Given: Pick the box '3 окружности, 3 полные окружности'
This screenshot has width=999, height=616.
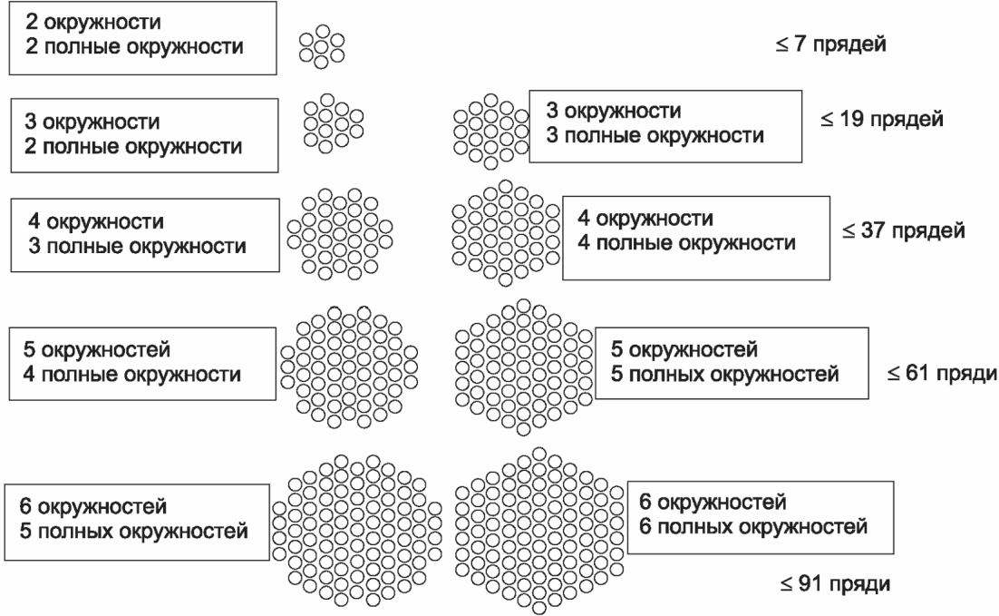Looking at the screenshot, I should [x=664, y=125].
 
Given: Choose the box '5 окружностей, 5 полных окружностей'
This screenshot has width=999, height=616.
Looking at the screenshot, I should [x=731, y=363].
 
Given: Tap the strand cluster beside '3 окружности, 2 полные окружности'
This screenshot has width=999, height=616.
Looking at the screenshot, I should [x=333, y=124].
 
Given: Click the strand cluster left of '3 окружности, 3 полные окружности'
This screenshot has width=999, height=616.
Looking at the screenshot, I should [x=490, y=129].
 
